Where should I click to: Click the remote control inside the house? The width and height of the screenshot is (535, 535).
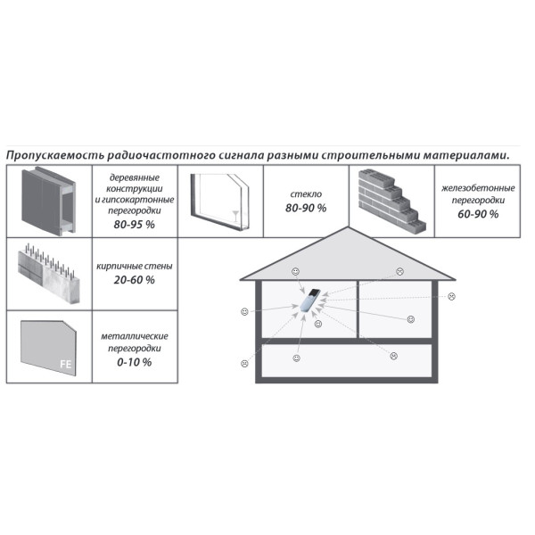pyautogui.click(x=310, y=300)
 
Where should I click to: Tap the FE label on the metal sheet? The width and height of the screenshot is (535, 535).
pyautogui.click(x=66, y=364)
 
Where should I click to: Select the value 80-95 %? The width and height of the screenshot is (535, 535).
pyautogui.click(x=135, y=225)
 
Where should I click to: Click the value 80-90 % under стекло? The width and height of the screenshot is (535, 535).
pyautogui.click(x=306, y=208)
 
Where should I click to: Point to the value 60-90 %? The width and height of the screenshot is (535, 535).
pyautogui.click(x=478, y=214)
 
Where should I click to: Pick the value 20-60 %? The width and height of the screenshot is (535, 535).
pyautogui.click(x=135, y=280)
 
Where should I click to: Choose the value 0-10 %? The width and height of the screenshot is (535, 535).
pyautogui.click(x=135, y=362)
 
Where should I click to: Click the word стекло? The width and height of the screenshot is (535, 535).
pyautogui.click(x=306, y=194)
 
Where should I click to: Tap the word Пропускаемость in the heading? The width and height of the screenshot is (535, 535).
pyautogui.click(x=54, y=155)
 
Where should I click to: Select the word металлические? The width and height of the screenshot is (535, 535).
pyautogui.click(x=135, y=336)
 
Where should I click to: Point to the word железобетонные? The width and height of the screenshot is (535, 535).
pyautogui.click(x=478, y=188)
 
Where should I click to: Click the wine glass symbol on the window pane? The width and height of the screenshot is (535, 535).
pyautogui.click(x=235, y=217)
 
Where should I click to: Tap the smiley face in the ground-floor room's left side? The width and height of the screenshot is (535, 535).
pyautogui.click(x=297, y=358)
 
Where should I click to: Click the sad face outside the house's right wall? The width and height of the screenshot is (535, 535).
pyautogui.click(x=452, y=296)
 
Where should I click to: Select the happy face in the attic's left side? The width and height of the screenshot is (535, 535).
pyautogui.click(x=295, y=272)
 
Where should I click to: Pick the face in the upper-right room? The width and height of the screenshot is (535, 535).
pyautogui.click(x=411, y=319)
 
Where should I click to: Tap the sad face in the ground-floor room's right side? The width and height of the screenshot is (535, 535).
pyautogui.click(x=394, y=356)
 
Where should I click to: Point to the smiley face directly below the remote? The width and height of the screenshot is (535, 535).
pyautogui.click(x=318, y=324)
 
